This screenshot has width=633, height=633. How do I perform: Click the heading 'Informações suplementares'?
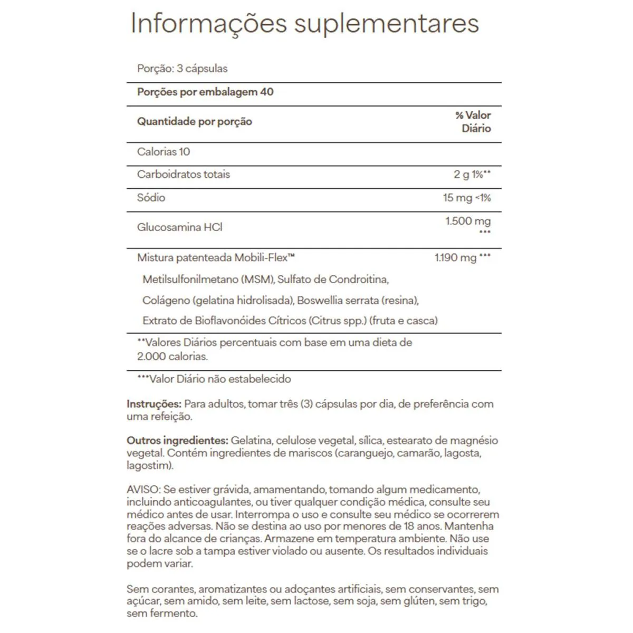[304, 24]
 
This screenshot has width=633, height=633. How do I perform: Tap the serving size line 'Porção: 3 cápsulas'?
[182, 69]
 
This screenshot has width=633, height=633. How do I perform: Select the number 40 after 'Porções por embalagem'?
[267, 92]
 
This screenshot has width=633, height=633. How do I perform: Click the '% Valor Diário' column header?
[473, 122]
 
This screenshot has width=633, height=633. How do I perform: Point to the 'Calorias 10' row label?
[164, 152]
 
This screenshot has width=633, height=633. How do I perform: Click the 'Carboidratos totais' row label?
[184, 175]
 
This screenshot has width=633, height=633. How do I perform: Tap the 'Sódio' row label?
[151, 198]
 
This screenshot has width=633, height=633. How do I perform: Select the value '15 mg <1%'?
[467, 198]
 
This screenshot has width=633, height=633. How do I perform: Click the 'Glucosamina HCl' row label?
[179, 227]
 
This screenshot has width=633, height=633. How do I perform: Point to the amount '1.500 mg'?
[468, 221]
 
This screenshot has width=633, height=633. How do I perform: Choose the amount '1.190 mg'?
[456, 258]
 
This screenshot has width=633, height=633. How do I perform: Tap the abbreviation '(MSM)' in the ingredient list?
[258, 279]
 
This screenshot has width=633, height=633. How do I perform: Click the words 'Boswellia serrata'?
[338, 300]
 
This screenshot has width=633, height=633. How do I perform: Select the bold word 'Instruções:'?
[154, 404]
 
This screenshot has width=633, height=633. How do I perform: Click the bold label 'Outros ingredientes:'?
[177, 440]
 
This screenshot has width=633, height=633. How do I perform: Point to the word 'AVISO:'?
[143, 490]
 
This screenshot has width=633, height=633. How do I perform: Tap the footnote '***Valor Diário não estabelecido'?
[214, 379]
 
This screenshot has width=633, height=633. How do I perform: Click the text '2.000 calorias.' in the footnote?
[172, 357]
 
